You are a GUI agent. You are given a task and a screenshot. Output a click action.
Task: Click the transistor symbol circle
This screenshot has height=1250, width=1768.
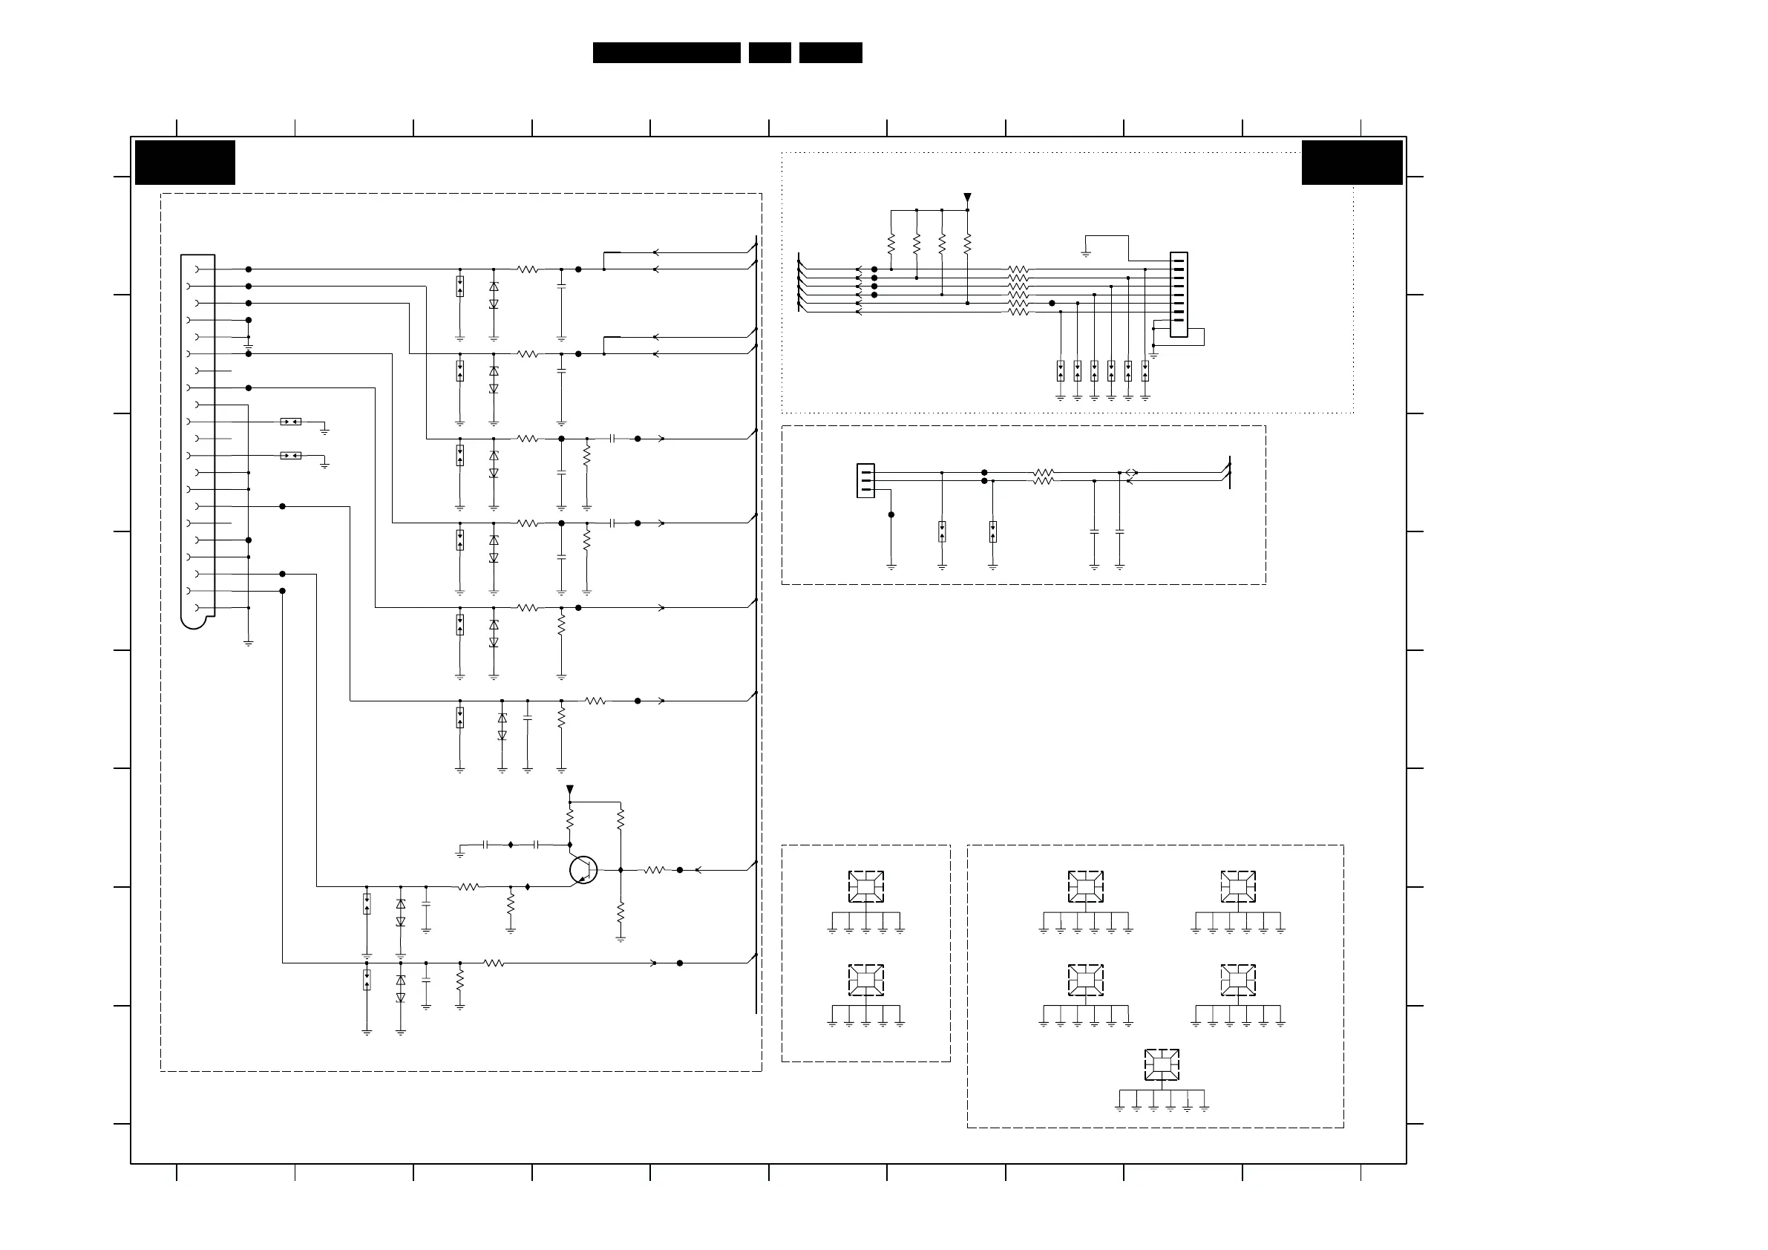pos(583,869)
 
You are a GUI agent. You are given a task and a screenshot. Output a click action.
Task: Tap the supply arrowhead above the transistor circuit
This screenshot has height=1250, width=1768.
pos(570,791)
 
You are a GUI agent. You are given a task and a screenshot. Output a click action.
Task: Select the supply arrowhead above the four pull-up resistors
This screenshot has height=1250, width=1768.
pos(967,198)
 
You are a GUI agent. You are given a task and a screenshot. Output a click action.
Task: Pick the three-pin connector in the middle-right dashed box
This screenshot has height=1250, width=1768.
pos(865,480)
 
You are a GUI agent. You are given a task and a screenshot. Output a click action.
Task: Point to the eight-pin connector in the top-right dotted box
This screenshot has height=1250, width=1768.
pos(1178,294)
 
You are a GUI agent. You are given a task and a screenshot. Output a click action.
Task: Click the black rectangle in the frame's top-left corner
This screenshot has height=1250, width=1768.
pos(185,163)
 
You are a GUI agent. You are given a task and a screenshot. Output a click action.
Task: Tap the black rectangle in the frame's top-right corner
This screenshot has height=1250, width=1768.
pos(1352,163)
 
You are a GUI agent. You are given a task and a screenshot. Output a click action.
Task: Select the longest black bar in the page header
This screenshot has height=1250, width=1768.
pos(666,53)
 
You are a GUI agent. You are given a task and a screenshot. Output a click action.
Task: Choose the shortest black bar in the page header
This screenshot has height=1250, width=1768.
pos(769,53)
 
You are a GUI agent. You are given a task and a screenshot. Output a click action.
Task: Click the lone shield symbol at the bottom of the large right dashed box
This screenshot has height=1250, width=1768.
pos(1161,1065)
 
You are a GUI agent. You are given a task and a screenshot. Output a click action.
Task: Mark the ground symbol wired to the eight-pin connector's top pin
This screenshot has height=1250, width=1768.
pos(1086,252)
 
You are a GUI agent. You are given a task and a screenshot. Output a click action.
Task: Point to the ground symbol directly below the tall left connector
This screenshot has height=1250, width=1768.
pos(249,642)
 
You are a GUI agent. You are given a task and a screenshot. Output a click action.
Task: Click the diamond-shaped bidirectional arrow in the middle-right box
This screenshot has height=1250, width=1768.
pos(1131,473)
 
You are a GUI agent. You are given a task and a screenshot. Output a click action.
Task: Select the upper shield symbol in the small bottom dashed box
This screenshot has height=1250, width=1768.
pos(865,886)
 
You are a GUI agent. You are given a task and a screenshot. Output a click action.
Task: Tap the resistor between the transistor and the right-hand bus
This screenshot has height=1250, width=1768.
pos(654,870)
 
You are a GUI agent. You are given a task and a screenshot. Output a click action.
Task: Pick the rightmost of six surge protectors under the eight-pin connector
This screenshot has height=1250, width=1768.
pos(1145,371)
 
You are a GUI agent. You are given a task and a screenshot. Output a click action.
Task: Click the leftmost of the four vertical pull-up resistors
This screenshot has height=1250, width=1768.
pos(891,245)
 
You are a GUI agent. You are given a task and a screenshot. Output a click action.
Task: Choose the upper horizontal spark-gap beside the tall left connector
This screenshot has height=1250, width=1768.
pos(290,422)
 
